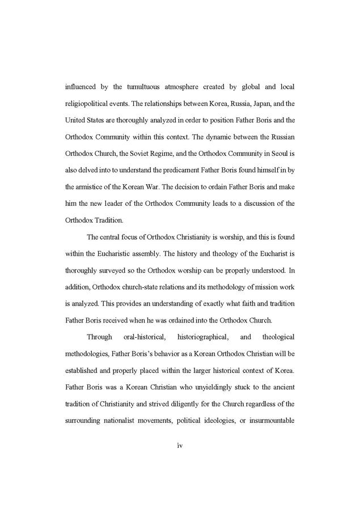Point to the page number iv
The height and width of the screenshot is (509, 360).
(180, 446)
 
